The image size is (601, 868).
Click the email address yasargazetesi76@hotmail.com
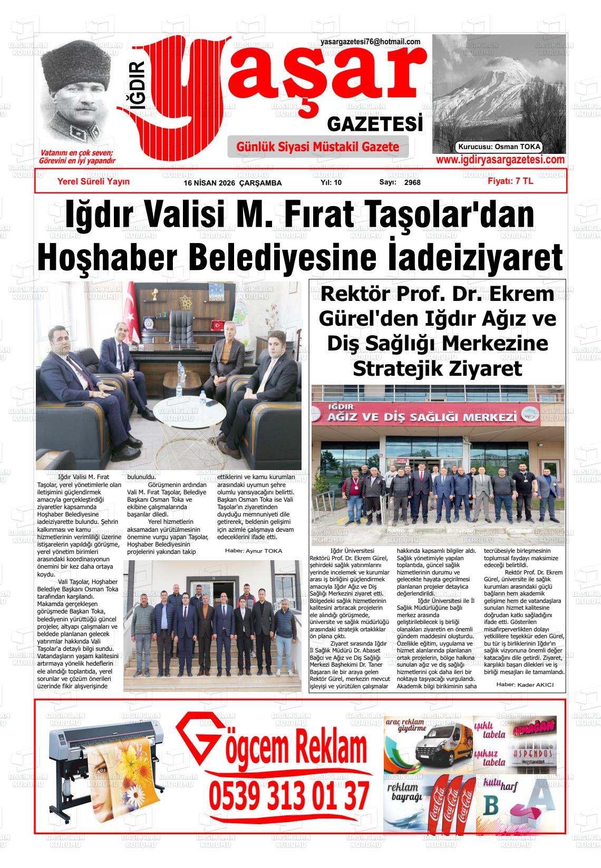click(x=370, y=42)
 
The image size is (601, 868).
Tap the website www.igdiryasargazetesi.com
click(x=500, y=160)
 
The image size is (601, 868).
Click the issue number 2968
click(x=412, y=183)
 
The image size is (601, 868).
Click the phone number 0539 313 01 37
click(x=289, y=796)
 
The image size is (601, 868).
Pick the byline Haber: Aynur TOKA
click(x=250, y=551)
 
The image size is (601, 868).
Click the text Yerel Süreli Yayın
click(x=93, y=181)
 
